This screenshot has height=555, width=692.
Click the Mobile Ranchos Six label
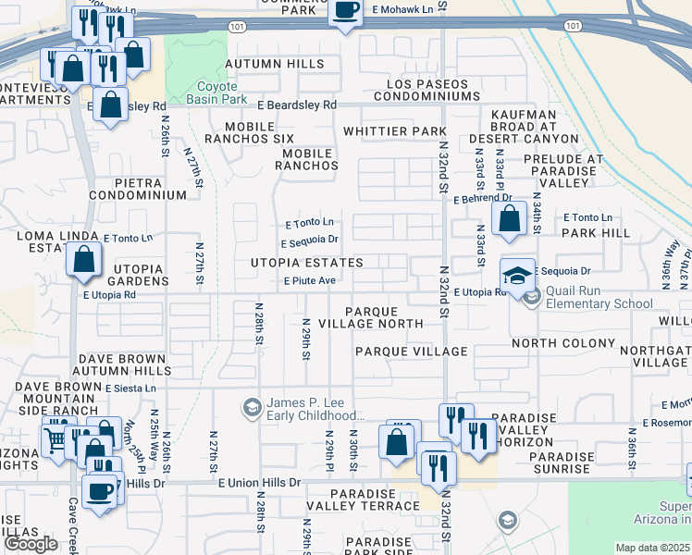(249, 131)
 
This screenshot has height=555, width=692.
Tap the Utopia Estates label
(306, 263)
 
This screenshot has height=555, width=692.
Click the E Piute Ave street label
(309, 280)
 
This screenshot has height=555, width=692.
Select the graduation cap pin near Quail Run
(517, 274)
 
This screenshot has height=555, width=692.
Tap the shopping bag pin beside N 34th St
(509, 219)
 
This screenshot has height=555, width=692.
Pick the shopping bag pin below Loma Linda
(84, 261)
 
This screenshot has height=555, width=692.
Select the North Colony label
(562, 343)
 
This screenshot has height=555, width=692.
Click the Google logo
(31, 544)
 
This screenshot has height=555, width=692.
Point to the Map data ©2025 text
(652, 548)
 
